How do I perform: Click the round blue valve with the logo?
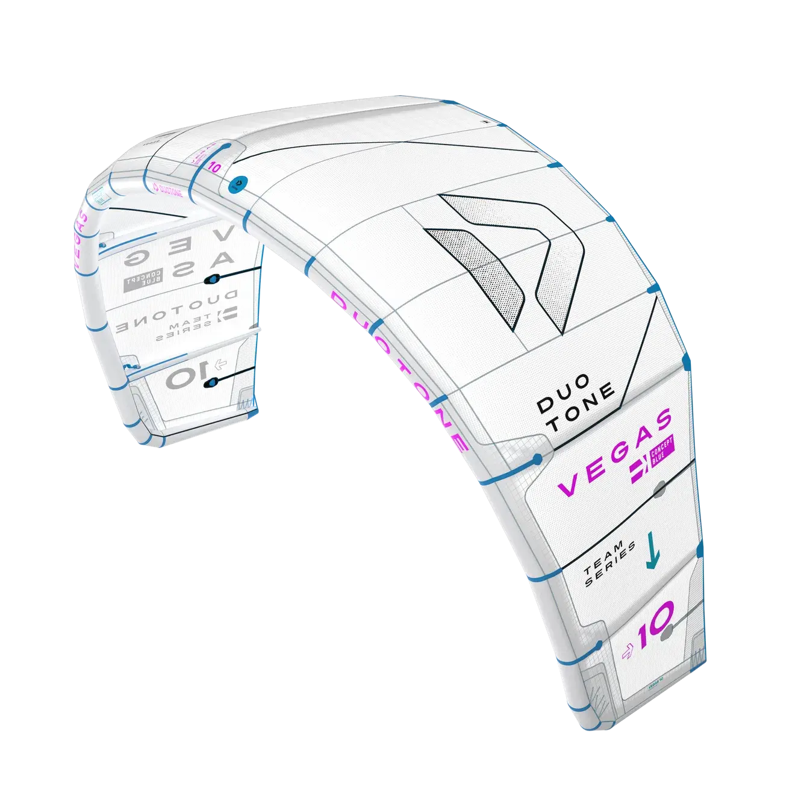(x=237, y=183)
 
